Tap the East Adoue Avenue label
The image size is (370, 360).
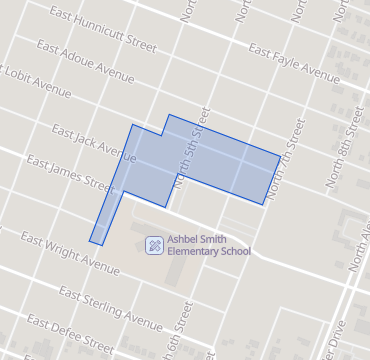click(x=86, y=62)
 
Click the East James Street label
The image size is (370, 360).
click(x=71, y=172)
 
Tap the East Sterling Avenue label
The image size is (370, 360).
click(x=110, y=308)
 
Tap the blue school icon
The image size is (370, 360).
click(x=154, y=244)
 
